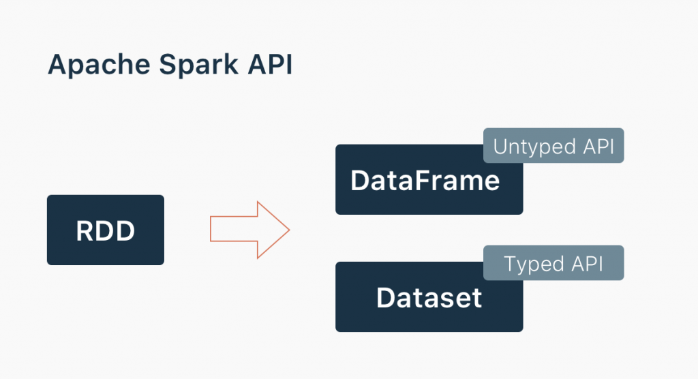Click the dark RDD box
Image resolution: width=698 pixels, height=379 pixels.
click(x=106, y=230)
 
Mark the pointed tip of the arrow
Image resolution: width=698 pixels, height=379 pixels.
click(x=288, y=230)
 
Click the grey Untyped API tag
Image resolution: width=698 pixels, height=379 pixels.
click(x=553, y=146)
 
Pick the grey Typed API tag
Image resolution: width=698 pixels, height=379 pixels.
click(x=553, y=263)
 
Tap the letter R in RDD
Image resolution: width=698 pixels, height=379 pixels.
click(x=85, y=230)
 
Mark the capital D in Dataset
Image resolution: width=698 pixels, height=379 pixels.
click(x=385, y=298)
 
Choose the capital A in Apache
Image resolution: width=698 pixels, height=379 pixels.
click(x=57, y=65)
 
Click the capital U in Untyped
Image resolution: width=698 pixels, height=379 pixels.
click(x=500, y=147)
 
